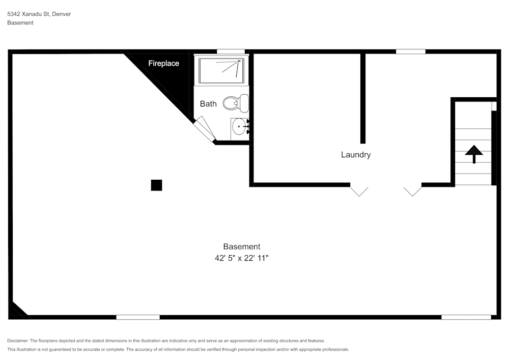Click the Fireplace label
pyautogui.click(x=163, y=64)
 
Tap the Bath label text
pyautogui.click(x=208, y=104)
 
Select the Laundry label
pyautogui.click(x=356, y=155)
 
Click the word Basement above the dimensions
pyautogui.click(x=242, y=246)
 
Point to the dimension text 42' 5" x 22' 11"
pyautogui.click(x=242, y=258)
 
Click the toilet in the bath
pyautogui.click(x=235, y=103)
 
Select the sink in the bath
pyautogui.click(x=239, y=126)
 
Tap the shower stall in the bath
pyautogui.click(x=221, y=71)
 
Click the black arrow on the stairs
pyautogui.click(x=474, y=153)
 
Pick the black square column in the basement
pyautogui.click(x=156, y=185)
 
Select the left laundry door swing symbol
pyautogui.click(x=359, y=191)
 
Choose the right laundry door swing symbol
pyautogui.click(x=413, y=191)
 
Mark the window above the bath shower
pyautogui.click(x=231, y=51)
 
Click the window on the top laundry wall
pyautogui.click(x=410, y=51)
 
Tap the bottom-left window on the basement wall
pyautogui.click(x=137, y=317)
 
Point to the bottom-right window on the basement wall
pyautogui.click(x=466, y=317)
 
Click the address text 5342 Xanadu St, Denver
pyautogui.click(x=39, y=14)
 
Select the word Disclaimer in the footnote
pyautogui.click(x=18, y=341)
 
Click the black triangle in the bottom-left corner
pyautogui.click(x=17, y=311)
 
